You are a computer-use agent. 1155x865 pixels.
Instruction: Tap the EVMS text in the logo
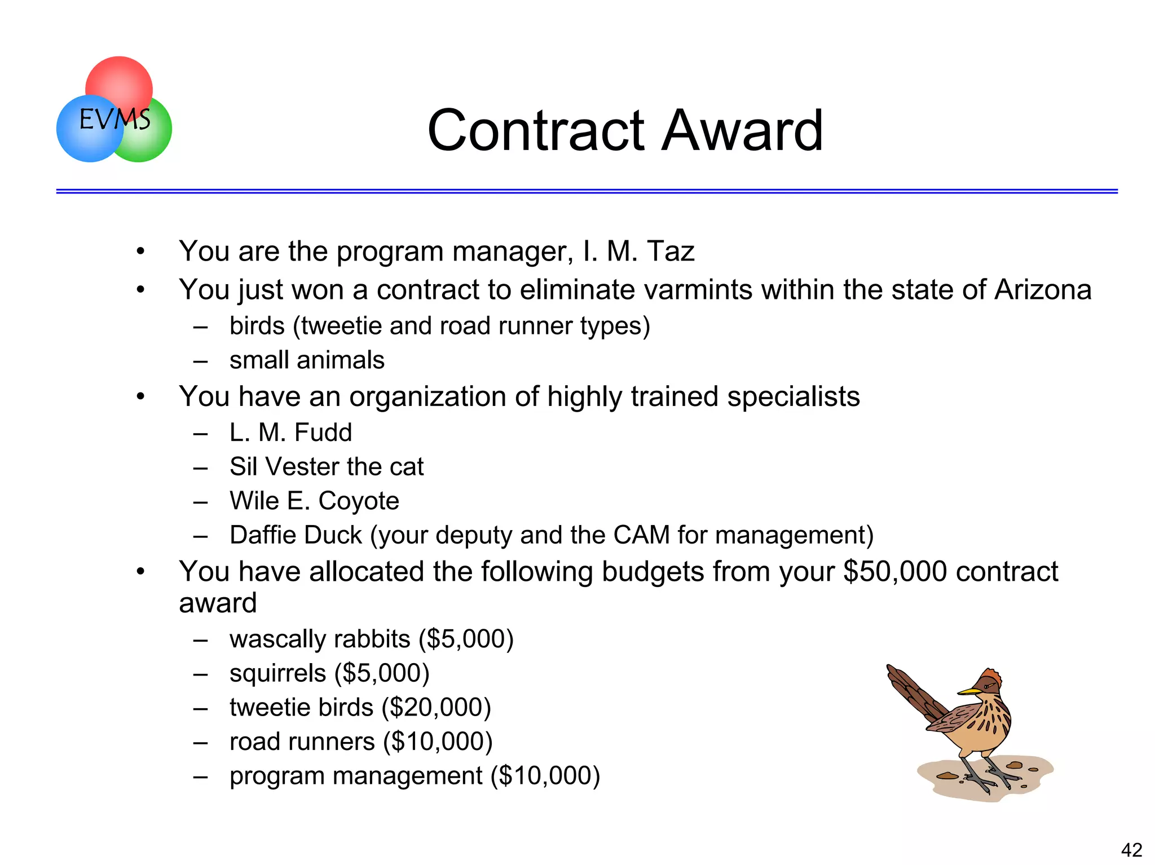114,120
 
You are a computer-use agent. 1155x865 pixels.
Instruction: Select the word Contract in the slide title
536,131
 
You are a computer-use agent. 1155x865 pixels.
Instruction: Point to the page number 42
1131,849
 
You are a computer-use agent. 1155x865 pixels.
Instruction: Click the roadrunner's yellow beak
968,691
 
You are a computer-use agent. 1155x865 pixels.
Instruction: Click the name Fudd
323,432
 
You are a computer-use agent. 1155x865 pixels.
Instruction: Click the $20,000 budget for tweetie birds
436,707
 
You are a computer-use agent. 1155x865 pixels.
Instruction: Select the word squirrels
277,673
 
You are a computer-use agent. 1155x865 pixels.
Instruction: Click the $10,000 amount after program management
545,775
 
